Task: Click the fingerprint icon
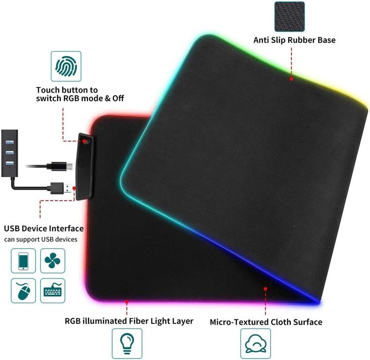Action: (66, 66)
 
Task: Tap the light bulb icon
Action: (127, 344)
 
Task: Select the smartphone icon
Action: (23, 261)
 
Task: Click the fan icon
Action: (52, 261)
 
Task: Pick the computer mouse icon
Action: (23, 290)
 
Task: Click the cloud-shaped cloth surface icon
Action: (256, 344)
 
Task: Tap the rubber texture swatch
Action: (290, 16)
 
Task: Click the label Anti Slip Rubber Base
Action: (294, 40)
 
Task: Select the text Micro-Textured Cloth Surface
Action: (266, 322)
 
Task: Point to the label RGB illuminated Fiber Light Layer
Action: (129, 321)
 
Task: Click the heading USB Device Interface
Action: (44, 229)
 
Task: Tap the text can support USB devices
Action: (41, 239)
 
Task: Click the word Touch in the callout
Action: (48, 90)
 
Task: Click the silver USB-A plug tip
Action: (68, 188)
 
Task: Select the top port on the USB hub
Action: (9, 142)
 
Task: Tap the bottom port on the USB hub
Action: (9, 163)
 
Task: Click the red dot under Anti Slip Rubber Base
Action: (291, 79)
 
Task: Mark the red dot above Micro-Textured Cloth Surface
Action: (266, 289)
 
